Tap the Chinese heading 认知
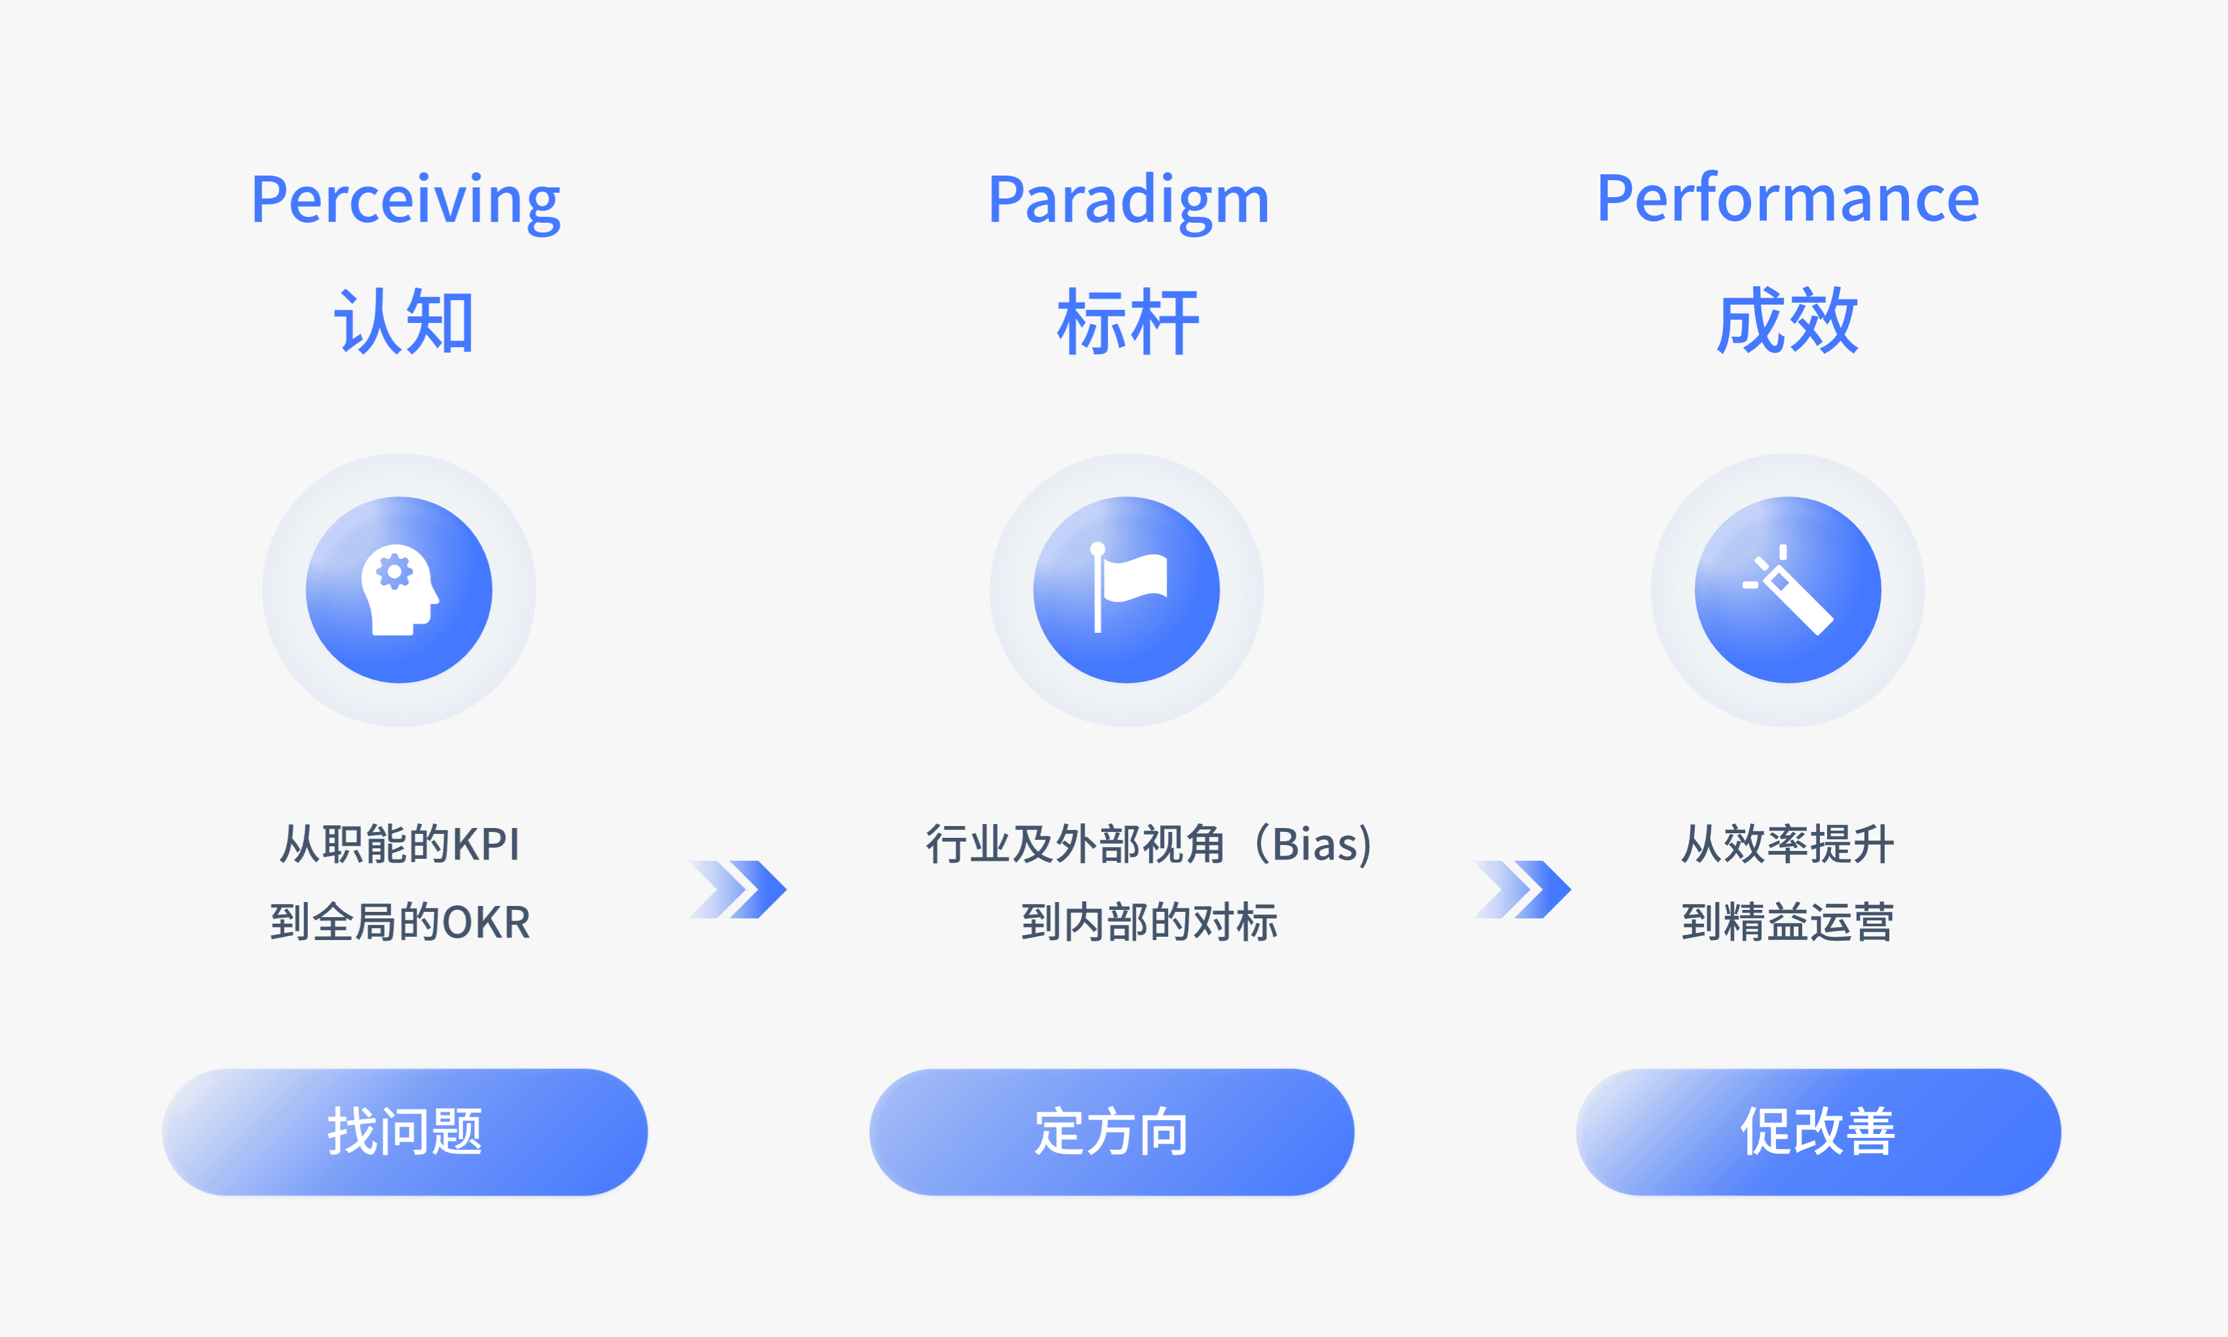(404, 322)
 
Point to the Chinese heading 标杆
(1128, 322)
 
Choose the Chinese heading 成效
(1788, 321)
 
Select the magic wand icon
(1788, 590)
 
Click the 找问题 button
(404, 1131)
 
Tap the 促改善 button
(1818, 1131)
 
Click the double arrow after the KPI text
(738, 889)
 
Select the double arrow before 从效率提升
(1522, 889)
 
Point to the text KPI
(485, 845)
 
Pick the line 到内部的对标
(1150, 922)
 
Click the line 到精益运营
(1788, 922)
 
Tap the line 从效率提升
(1788, 845)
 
